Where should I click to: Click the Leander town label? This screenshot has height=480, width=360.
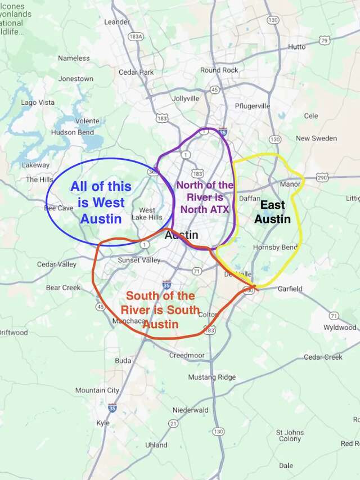(x=117, y=22)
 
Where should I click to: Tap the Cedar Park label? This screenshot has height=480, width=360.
(x=136, y=73)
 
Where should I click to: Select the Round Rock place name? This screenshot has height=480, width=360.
(x=219, y=70)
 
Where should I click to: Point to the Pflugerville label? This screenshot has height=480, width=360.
(x=253, y=106)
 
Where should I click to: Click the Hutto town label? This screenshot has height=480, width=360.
(x=296, y=47)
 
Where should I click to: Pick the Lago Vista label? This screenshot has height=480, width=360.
(x=38, y=102)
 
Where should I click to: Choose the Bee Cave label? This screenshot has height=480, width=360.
(x=59, y=208)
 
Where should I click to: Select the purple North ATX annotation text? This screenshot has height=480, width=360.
(x=204, y=197)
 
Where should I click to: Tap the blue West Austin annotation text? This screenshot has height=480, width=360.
(x=101, y=202)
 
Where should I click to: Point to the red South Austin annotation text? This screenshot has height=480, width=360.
(x=160, y=309)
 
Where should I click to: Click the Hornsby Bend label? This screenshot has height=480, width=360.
(x=274, y=247)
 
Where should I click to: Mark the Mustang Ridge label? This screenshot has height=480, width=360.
(x=211, y=377)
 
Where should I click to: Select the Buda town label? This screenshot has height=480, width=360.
(x=123, y=360)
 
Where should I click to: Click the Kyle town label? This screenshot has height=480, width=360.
(x=103, y=423)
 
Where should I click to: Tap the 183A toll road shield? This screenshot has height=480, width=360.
(x=135, y=36)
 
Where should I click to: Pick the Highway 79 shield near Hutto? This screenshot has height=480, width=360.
(x=324, y=40)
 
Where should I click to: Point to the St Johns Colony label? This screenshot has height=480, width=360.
(x=290, y=436)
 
